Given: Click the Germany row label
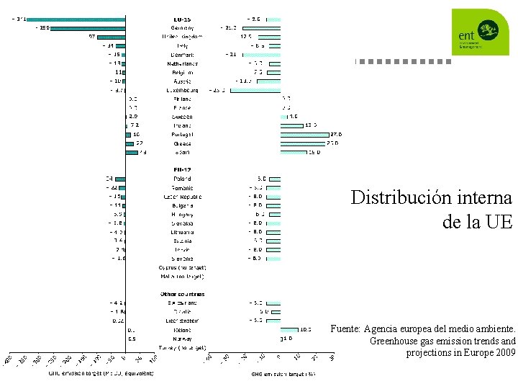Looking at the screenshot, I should tap(181, 28).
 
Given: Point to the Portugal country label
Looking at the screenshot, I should tap(181, 134).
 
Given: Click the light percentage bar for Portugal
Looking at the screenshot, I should tap(304, 134).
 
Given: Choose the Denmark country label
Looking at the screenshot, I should tap(181, 55).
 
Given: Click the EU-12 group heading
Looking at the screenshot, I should tap(181, 169).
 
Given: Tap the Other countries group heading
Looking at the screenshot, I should tap(181, 294).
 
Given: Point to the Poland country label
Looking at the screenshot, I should tap(181, 178).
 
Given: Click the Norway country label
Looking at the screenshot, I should tap(181, 338).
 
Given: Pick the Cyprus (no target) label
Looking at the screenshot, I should tap(181, 267).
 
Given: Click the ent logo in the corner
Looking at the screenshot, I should tap(480, 32).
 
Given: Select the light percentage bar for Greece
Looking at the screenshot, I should tap(304, 143).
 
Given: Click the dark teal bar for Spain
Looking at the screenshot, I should tap(132, 152).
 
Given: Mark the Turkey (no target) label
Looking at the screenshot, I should tap(181, 347).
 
